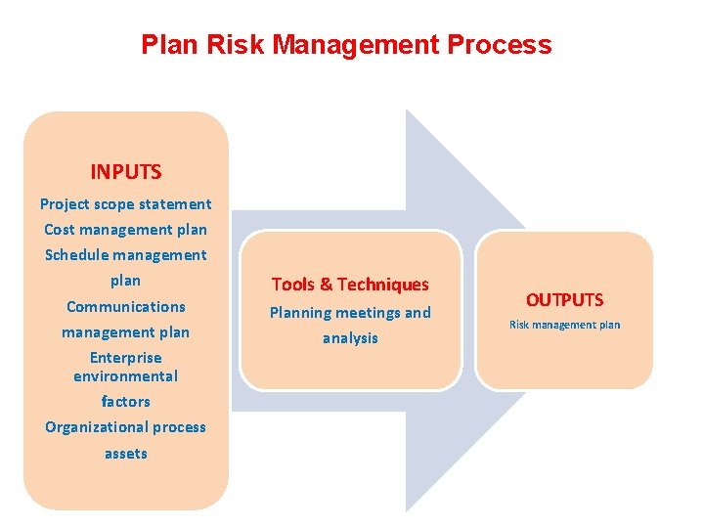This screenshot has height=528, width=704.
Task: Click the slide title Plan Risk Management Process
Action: [x=346, y=45]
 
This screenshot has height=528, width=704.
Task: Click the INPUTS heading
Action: [x=125, y=172]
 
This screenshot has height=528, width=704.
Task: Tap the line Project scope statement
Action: [x=125, y=204]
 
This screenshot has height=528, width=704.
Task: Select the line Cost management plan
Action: [x=125, y=230]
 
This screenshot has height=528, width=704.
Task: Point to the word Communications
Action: [x=125, y=306]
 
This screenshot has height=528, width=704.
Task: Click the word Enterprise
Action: [x=125, y=358]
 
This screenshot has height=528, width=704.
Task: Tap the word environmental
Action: [x=125, y=376]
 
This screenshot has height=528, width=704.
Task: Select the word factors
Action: [x=125, y=402]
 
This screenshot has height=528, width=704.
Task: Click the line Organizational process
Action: [x=125, y=427]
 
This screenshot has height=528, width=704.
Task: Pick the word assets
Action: [x=125, y=454]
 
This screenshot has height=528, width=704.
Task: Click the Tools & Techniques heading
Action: [x=350, y=285]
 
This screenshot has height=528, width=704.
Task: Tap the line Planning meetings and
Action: [x=350, y=313]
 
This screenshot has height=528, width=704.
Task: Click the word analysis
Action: [x=350, y=338]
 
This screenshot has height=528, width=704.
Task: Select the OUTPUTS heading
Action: [x=565, y=300]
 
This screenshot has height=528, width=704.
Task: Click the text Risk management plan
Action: [x=565, y=325]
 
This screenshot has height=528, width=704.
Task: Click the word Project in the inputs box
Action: [x=65, y=204]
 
